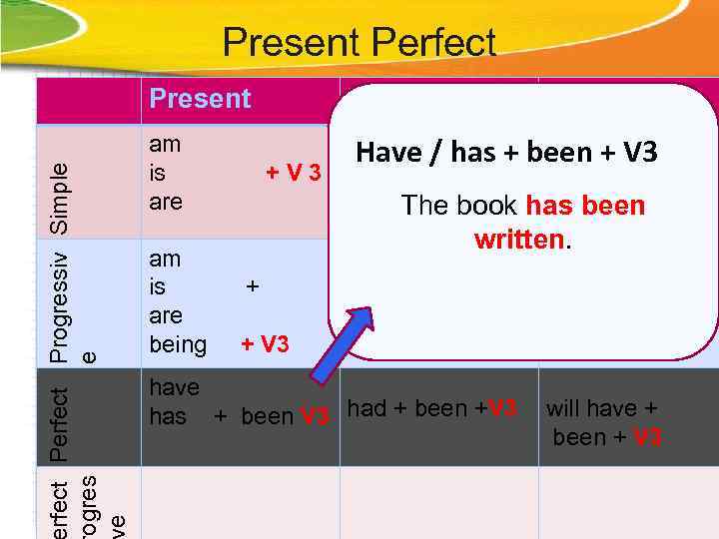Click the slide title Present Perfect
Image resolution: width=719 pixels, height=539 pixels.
(359, 42)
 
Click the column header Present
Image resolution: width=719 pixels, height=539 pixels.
(200, 99)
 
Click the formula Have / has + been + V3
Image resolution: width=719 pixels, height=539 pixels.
(506, 153)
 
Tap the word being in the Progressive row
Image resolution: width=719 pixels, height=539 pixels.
(178, 344)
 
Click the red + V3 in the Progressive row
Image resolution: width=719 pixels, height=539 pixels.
(265, 344)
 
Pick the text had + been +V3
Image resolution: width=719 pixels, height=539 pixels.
(431, 408)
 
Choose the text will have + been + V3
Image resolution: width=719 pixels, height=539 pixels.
(603, 422)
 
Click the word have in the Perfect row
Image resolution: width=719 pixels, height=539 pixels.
(174, 387)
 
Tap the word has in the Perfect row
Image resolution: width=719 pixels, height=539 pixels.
(168, 415)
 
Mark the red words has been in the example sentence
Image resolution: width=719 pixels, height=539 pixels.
(585, 207)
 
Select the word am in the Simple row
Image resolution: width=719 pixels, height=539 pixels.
(165, 144)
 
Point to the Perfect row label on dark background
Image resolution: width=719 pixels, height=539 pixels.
(61, 423)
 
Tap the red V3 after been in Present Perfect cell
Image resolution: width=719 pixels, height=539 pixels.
(315, 416)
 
